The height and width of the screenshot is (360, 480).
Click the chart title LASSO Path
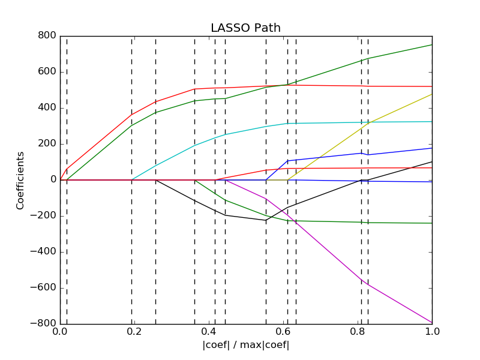[245, 28]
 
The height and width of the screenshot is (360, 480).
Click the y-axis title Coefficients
[20, 180]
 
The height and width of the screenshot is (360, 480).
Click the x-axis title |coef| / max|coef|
[245, 346]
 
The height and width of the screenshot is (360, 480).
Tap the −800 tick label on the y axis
[44, 324]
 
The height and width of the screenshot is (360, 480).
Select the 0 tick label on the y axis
[53, 180]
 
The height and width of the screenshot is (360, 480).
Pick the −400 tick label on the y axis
[44, 252]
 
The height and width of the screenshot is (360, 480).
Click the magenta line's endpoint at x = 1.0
[432, 323]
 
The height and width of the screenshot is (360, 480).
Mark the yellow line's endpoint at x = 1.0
[432, 94]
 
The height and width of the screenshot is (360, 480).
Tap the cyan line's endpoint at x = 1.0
[432, 122]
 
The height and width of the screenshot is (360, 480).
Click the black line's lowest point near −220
[266, 220]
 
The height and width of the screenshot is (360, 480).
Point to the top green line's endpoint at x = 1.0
[432, 44]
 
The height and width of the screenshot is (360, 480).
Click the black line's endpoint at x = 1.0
[432, 161]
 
